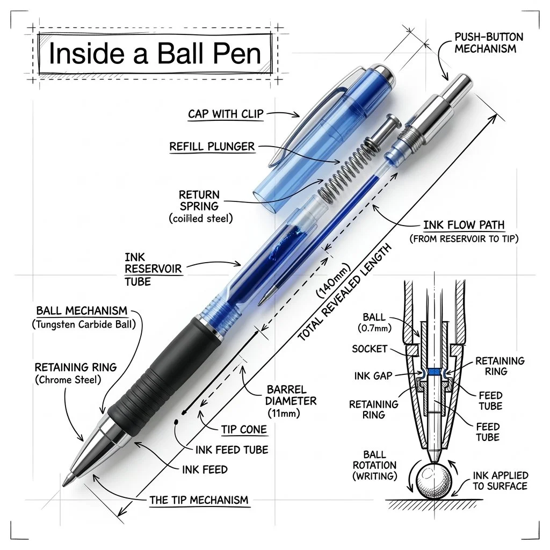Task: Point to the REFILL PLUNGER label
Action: point(212,146)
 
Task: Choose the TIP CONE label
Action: point(244,430)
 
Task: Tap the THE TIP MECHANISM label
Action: point(199,500)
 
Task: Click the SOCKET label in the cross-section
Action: point(370,349)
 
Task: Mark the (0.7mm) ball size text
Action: point(374,328)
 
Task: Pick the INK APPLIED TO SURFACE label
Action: point(501,481)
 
